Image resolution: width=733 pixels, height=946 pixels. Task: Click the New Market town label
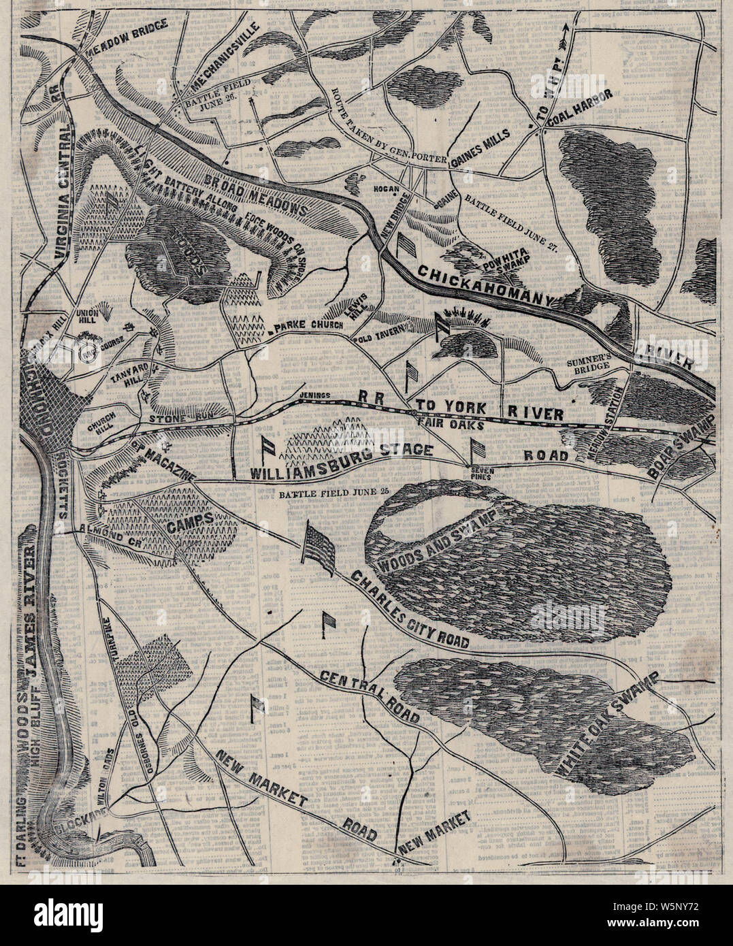coord(435,834)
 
